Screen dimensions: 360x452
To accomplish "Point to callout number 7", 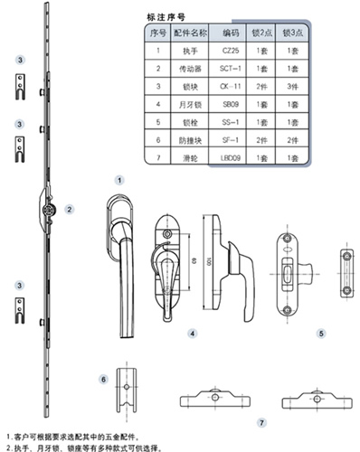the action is point(261,422).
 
